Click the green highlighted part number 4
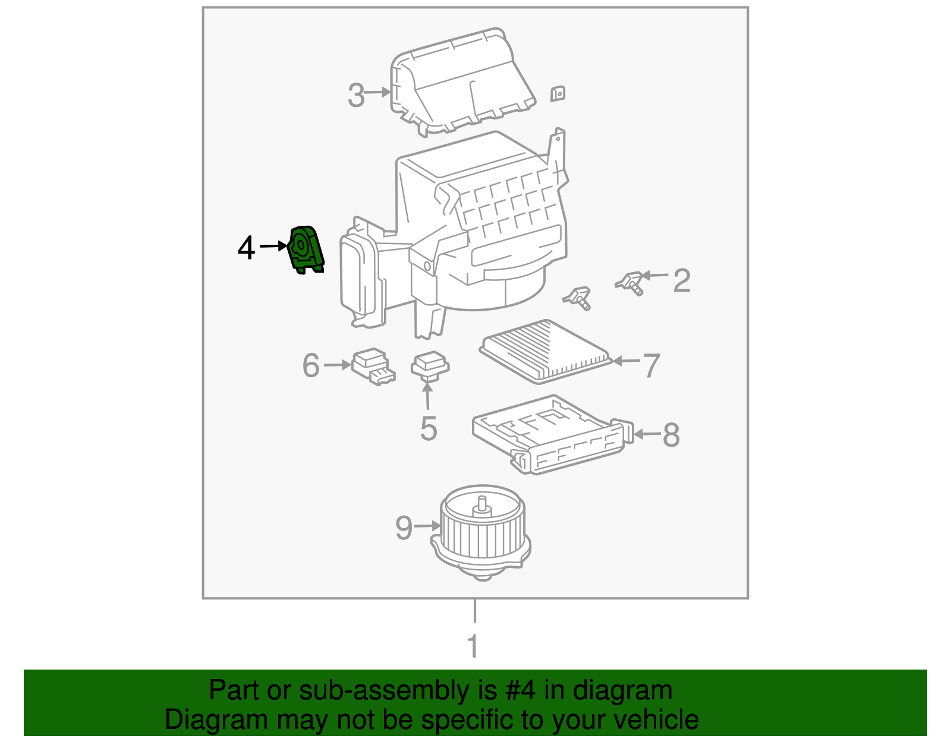pos(306,250)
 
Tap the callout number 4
pos(246,248)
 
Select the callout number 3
pos(356,95)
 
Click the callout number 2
pos(682,280)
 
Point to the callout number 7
pos(651,365)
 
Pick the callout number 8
pos(671,435)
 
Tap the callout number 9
pos(404,527)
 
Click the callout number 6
pos(311,365)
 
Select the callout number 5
pos(429,428)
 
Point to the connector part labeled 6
pos(372,365)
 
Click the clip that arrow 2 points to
pos(631,282)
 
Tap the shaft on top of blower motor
pos(481,504)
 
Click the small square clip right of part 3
pos(558,93)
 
